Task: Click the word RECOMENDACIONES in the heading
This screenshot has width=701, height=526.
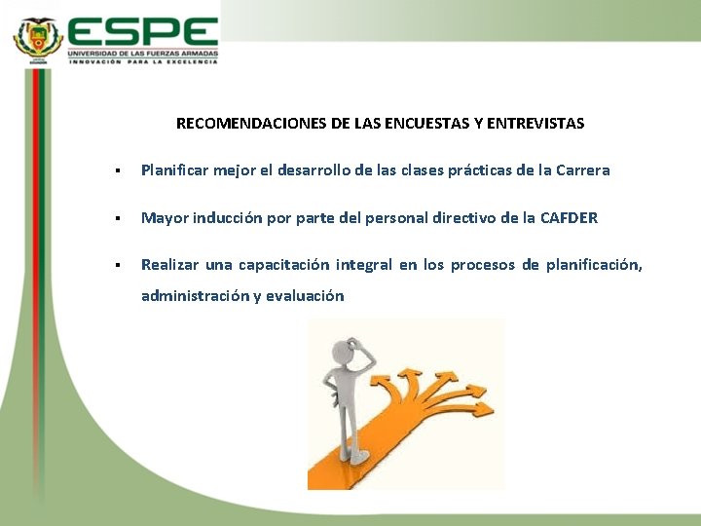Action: [251, 124]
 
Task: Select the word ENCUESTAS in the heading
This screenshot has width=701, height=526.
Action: [434, 124]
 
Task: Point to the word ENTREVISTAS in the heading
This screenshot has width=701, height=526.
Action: [535, 124]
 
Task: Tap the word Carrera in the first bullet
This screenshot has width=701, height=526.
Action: [582, 170]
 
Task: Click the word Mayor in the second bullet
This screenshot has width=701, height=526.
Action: [163, 218]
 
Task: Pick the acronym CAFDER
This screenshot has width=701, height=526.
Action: [568, 218]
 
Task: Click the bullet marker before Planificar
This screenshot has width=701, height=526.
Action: [116, 171]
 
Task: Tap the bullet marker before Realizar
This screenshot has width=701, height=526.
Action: [116, 266]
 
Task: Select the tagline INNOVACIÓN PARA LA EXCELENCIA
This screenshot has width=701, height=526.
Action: [142, 60]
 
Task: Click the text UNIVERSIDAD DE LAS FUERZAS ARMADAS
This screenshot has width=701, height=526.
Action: [142, 53]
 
